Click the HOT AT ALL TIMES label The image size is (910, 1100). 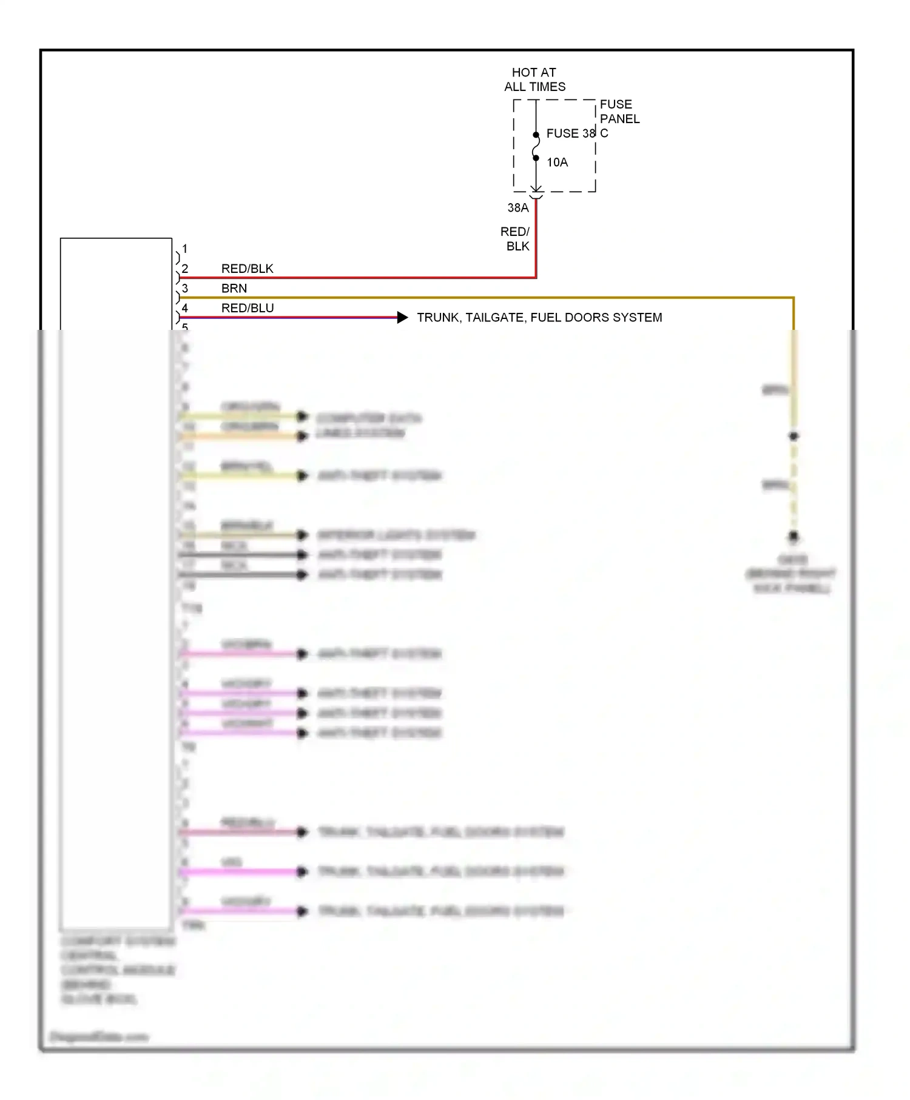coord(534,79)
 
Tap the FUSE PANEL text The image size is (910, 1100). coord(619,112)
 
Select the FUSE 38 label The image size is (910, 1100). coord(571,133)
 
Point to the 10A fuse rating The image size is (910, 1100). coord(557,163)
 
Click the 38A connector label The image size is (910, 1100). coord(518,208)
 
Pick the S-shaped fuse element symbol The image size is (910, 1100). coord(536,147)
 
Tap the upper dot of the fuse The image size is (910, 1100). coord(536,135)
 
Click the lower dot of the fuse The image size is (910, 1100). coord(536,158)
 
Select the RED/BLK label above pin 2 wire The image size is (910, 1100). coord(247,269)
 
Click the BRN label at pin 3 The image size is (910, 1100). coord(234,289)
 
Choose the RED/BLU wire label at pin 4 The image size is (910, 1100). coord(248,308)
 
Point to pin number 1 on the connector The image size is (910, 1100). coord(185,249)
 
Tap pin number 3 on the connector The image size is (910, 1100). coord(185,289)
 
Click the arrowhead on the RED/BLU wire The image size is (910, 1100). coord(402,317)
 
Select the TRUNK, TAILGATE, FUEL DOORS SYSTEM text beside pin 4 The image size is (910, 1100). coord(539,318)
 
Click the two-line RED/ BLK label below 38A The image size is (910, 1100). coord(516,239)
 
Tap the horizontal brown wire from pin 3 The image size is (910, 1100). coord(485,298)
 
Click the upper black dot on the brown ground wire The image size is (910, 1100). coord(794,436)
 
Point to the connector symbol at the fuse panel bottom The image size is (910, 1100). coord(536,193)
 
